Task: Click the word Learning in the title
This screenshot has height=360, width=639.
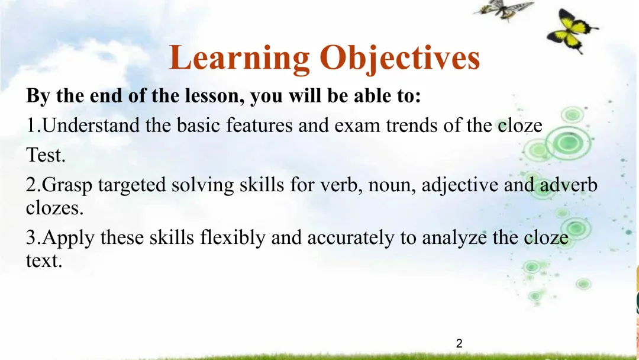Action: pos(239,58)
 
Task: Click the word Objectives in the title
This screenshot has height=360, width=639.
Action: pos(400,58)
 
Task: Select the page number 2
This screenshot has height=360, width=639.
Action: pos(459,343)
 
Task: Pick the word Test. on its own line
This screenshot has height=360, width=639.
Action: pos(46,155)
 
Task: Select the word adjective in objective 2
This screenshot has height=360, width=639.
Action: pos(460,185)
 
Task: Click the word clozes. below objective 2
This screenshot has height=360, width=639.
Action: pos(54,208)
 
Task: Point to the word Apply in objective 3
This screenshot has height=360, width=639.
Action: pos(68,238)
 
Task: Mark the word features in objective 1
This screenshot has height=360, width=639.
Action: pos(259,125)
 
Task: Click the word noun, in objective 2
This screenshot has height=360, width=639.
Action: pos(392,186)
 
